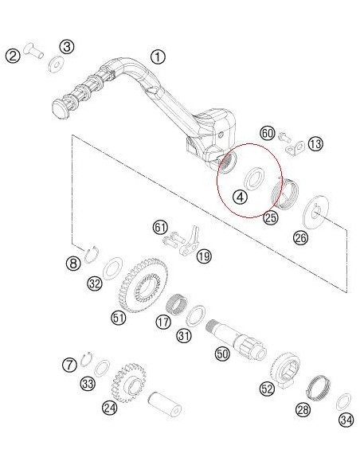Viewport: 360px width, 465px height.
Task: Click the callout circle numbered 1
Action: click(158, 57)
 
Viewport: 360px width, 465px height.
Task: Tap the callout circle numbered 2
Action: click(14, 56)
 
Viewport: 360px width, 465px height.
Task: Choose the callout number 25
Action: click(270, 217)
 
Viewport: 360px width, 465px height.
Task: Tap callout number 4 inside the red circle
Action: click(239, 195)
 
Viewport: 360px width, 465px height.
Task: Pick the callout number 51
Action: click(118, 318)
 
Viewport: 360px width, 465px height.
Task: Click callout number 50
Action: click(222, 354)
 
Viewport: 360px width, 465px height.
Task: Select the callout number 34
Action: click(345, 420)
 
